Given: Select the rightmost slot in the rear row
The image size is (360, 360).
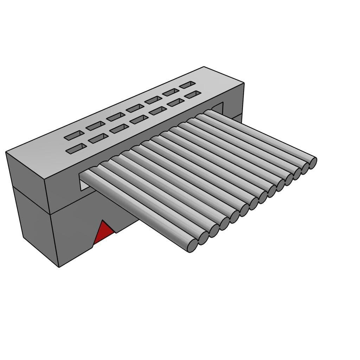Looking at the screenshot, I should [x=187, y=85].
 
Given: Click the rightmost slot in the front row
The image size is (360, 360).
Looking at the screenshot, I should [x=193, y=95].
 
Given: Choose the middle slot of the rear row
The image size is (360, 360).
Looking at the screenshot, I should [x=135, y=108].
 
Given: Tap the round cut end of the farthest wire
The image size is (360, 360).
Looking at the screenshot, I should [x=313, y=163].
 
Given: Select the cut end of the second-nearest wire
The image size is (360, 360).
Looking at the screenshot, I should [x=203, y=238].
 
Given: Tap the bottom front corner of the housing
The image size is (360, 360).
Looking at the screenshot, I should [x=59, y=266].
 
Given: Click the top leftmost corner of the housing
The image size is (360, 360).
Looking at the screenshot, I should [x=6, y=152].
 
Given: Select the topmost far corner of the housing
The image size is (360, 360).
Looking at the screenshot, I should [x=204, y=67].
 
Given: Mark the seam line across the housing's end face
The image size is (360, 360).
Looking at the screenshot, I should [x=32, y=200].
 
